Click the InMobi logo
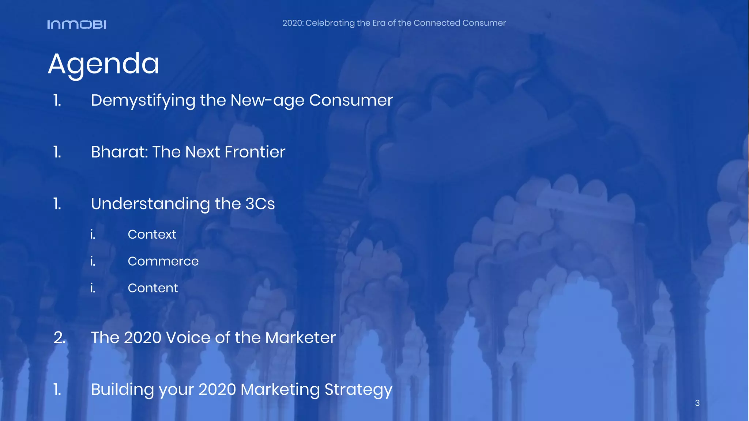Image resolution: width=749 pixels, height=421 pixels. (x=77, y=24)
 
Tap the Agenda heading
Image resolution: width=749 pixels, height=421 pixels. (x=103, y=64)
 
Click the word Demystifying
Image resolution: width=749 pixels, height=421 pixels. (x=143, y=100)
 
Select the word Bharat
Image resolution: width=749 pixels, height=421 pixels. (x=119, y=152)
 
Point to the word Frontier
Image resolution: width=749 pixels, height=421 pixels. (x=255, y=152)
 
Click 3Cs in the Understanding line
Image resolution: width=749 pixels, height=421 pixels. (x=260, y=204)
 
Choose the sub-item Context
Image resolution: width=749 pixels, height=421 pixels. (x=152, y=234)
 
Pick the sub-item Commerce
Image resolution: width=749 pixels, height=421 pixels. (x=163, y=261)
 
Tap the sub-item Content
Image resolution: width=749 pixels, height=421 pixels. (x=153, y=288)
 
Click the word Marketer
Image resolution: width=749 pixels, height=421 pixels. (x=300, y=338)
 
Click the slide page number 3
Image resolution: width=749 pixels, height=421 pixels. (x=697, y=403)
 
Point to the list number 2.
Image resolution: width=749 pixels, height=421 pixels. (x=59, y=338)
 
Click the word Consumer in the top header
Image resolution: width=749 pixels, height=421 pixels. (x=484, y=23)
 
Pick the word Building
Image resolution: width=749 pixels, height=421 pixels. (x=123, y=390)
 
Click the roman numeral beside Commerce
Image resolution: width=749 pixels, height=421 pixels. (x=93, y=261)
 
